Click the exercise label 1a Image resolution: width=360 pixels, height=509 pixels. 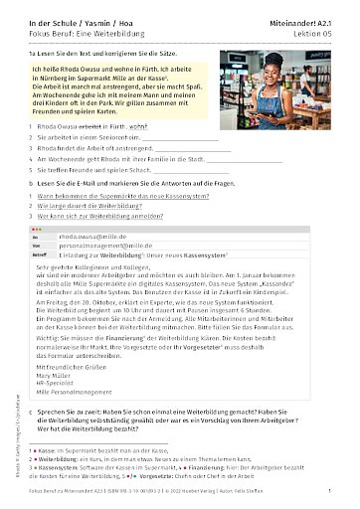(33, 46)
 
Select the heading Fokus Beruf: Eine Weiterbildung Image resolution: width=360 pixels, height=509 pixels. (90, 20)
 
